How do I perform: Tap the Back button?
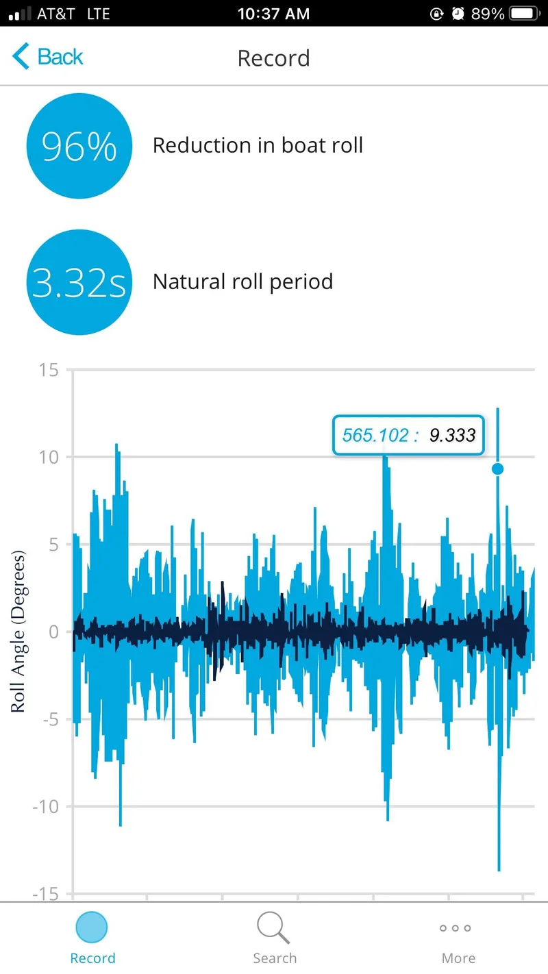point(47,57)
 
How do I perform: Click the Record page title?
point(273,58)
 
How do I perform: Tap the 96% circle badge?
point(79,146)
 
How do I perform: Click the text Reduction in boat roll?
point(258,145)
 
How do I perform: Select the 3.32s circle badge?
point(79,282)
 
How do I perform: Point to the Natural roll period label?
point(242,282)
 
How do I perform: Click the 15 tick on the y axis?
point(49,370)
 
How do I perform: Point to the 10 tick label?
point(49,458)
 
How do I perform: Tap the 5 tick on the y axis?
point(53,545)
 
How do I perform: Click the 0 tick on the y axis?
point(53,632)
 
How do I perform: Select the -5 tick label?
point(50,720)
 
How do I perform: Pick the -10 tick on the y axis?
point(46,807)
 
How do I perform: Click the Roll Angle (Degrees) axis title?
point(18,632)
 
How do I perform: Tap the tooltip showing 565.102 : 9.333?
point(408,435)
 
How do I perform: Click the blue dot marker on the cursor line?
point(497,469)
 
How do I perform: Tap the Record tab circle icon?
point(92,927)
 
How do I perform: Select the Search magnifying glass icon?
point(273,927)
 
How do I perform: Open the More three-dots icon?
point(456,928)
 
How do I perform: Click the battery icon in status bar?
point(525,14)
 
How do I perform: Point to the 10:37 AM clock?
point(273,14)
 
